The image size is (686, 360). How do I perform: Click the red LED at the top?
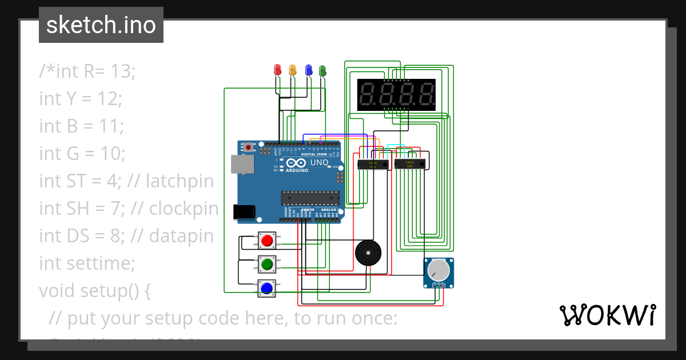(278, 70)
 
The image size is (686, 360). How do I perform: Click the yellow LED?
(293, 70)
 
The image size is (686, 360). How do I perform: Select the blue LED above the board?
(309, 70)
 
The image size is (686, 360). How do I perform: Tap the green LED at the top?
(322, 70)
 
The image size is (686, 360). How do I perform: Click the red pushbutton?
(266, 241)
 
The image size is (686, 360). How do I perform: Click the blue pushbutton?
(266, 288)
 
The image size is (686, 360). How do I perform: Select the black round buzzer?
(367, 253)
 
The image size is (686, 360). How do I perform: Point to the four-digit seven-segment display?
(396, 94)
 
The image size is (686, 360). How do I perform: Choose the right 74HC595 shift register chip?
(409, 164)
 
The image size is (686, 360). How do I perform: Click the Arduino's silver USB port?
(242, 164)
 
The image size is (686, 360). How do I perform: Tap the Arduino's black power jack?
(244, 211)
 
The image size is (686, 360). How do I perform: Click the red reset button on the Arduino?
(248, 147)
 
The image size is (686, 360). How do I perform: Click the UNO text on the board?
(319, 162)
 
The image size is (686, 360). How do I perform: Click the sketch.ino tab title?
(101, 25)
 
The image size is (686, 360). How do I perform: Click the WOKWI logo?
(607, 315)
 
